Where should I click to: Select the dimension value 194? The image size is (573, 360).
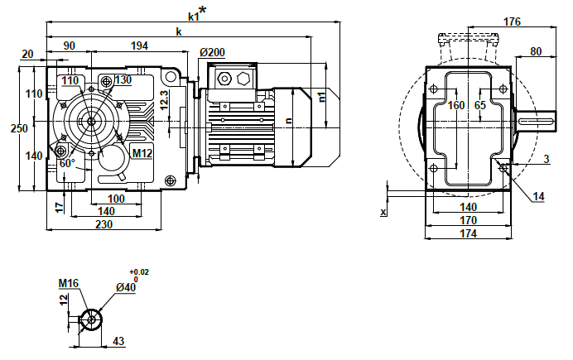pos(139,46)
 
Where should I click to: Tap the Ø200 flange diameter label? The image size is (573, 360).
pos(212,53)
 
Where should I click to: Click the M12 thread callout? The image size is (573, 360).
pos(142,153)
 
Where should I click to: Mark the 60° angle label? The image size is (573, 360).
pos(68,164)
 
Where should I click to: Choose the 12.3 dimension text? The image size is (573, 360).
pos(165,100)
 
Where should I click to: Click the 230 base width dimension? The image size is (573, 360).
pos(104,224)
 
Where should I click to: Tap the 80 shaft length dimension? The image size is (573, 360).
pos(535,51)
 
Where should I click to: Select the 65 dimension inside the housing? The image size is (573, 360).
pos(480,105)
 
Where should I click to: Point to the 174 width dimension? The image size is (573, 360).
pos(469,234)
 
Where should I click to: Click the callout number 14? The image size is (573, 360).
pos(538,196)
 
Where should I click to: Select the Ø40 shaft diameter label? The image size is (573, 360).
pos(126,287)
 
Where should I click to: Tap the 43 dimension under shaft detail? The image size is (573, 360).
pos(118,341)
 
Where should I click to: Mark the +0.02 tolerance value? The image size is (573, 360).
pos(139,271)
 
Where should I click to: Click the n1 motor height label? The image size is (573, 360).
pos(322,97)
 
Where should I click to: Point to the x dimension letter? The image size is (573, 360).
pos(383,213)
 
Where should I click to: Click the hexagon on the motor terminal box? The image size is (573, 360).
pos(243,79)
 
